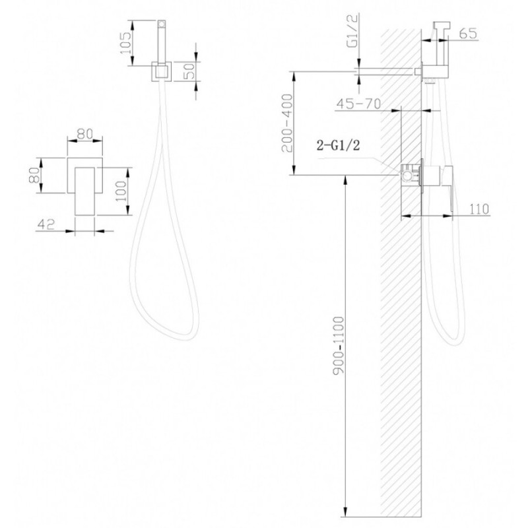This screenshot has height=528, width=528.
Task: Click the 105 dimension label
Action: pyautogui.click(x=125, y=43)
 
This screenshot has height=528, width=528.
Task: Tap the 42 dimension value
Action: pyautogui.click(x=46, y=224)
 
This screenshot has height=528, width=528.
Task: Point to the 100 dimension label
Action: pyautogui.click(x=121, y=191)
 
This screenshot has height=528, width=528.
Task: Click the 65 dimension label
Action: pyautogui.click(x=468, y=34)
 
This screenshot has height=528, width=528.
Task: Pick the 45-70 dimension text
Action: pyautogui.click(x=358, y=104)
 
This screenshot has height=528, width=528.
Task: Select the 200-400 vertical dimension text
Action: pyautogui.click(x=288, y=123)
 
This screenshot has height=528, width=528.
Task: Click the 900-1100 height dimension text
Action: pyautogui.click(x=339, y=345)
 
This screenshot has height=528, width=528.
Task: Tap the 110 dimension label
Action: pyautogui.click(x=478, y=209)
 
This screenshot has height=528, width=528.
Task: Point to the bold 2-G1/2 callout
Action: pyautogui.click(x=339, y=145)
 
